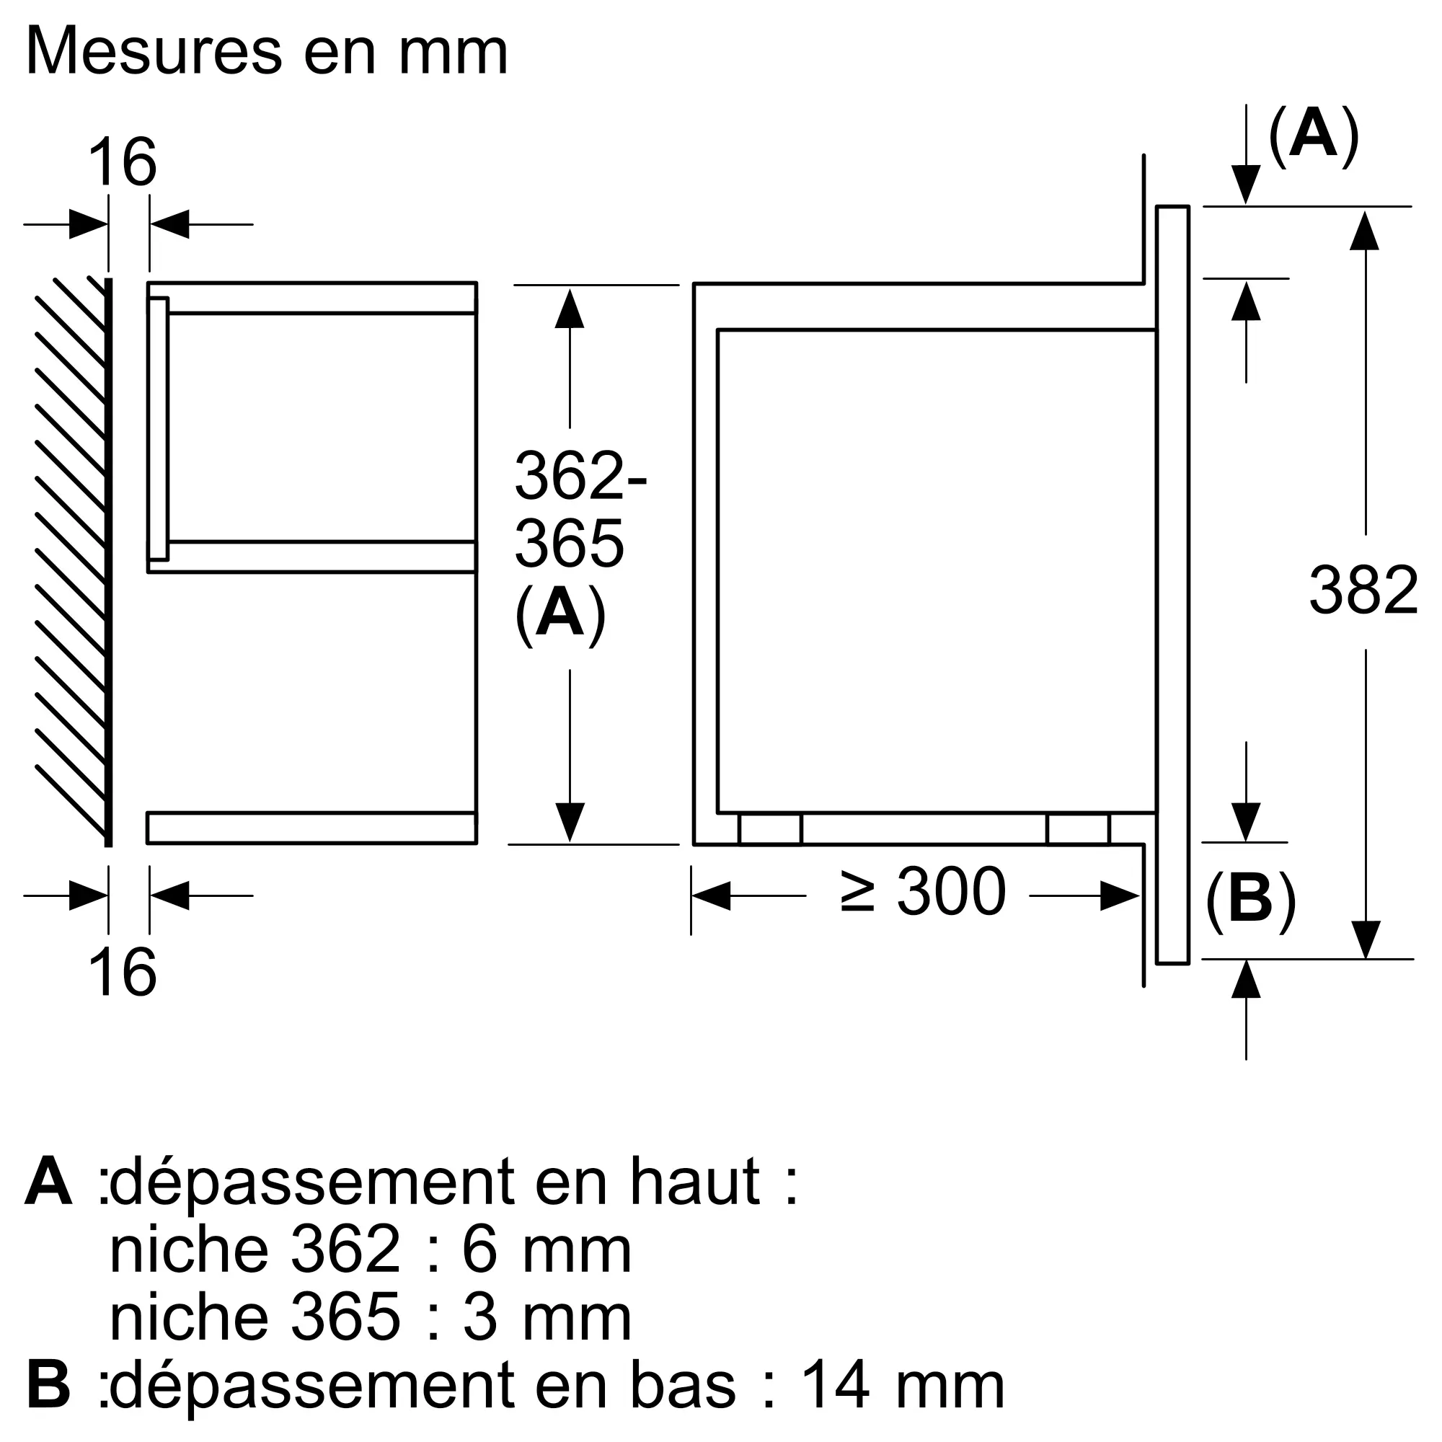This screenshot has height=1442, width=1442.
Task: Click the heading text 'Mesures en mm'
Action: pos(267,52)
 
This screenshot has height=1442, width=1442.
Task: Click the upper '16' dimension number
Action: pos(122,163)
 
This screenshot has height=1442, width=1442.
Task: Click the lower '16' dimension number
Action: pos(122,973)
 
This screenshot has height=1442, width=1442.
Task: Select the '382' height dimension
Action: pos(1363,591)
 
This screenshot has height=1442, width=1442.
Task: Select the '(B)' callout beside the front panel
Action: pos(1250,899)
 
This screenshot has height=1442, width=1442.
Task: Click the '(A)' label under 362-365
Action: pos(559,614)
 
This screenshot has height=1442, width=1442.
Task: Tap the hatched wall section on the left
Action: pos(71,559)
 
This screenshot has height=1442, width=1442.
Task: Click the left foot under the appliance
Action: pos(769,829)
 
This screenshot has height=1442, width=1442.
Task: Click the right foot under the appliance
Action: pos(1078,829)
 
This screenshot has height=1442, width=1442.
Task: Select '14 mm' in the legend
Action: pos(902,1386)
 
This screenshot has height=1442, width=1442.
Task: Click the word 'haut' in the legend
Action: pos(695,1182)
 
